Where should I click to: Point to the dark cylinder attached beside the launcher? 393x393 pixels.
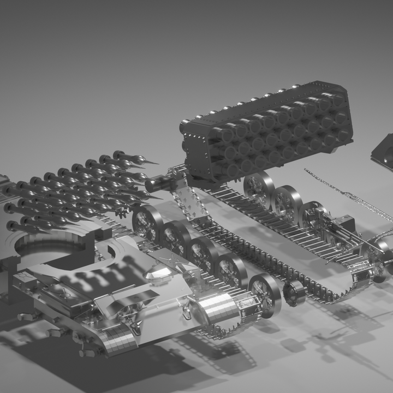(162, 181)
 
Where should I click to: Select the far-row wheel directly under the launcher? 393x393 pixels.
(259, 188)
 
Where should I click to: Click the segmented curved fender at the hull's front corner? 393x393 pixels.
(117, 341)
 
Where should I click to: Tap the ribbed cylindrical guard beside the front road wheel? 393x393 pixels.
(221, 309)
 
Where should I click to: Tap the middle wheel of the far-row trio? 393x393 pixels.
(287, 201)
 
